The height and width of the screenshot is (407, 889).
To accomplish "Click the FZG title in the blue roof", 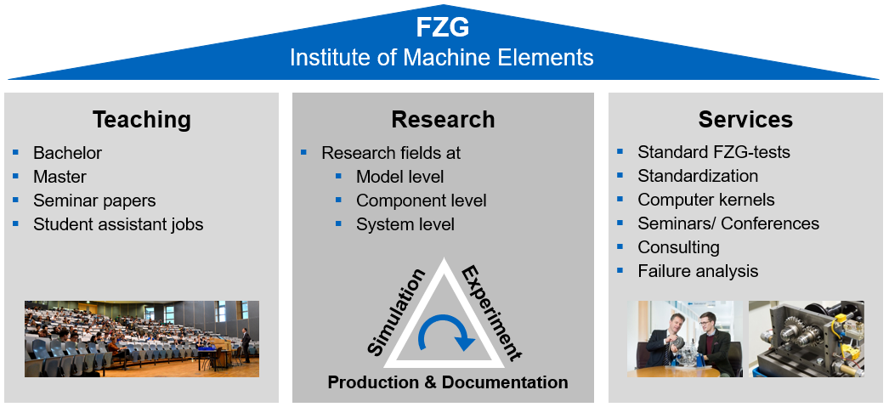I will point(442,27).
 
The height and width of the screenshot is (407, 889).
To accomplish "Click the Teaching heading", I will point(141,119).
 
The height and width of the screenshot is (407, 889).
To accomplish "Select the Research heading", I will point(443,119).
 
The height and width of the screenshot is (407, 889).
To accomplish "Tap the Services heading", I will point(745,119).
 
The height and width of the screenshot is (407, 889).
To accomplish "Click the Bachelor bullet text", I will point(67,153).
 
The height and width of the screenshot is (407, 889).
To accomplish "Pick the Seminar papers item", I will point(94,201).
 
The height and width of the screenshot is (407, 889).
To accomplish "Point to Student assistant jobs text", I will point(118,224).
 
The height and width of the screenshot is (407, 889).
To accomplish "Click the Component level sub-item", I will point(421,201).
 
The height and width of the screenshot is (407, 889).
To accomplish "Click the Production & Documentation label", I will point(448,382).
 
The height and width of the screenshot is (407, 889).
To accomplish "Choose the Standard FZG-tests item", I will point(714,152).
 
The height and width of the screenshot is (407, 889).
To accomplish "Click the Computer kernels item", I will point(706,200).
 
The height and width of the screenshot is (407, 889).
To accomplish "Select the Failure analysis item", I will point(698,271).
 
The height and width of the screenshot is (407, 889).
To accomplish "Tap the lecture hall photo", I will point(141,338).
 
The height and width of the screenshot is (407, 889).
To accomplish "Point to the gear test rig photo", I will point(806,338).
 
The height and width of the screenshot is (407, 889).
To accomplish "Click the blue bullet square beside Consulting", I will point(620,246).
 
